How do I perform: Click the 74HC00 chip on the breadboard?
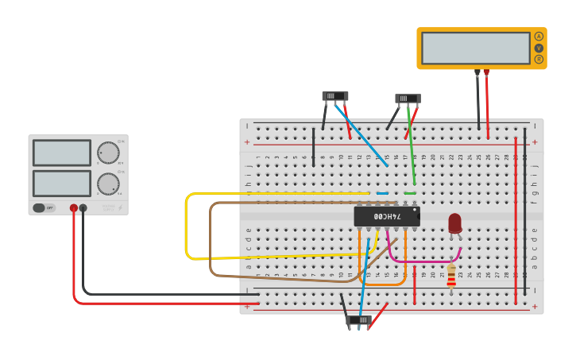pyautogui.click(x=387, y=216)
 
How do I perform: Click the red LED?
pyautogui.click(x=454, y=223)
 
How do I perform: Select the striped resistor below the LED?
pyautogui.click(x=451, y=275)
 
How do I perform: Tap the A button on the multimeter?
pyautogui.click(x=539, y=36)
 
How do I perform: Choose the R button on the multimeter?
pyautogui.click(x=539, y=59)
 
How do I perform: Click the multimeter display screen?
pyautogui.click(x=475, y=48)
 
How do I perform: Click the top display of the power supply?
pyautogui.click(x=62, y=153)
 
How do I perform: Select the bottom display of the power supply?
pyautogui.click(x=62, y=184)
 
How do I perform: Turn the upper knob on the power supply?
pyautogui.click(x=108, y=153)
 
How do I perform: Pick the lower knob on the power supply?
pyautogui.click(x=108, y=184)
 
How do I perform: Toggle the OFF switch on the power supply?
pyautogui.click(x=44, y=208)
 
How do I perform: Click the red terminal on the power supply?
pyautogui.click(x=74, y=208)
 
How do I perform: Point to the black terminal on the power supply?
pyautogui.click(x=83, y=208)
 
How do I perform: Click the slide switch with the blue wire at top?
pyautogui.click(x=334, y=96)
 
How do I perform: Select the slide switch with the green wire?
pyautogui.click(x=408, y=99)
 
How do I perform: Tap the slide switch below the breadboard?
pyautogui.click(x=358, y=319)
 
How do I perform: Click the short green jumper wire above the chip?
pyautogui.click(x=410, y=192)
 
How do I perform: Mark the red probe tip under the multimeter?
pyautogui.click(x=486, y=72)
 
